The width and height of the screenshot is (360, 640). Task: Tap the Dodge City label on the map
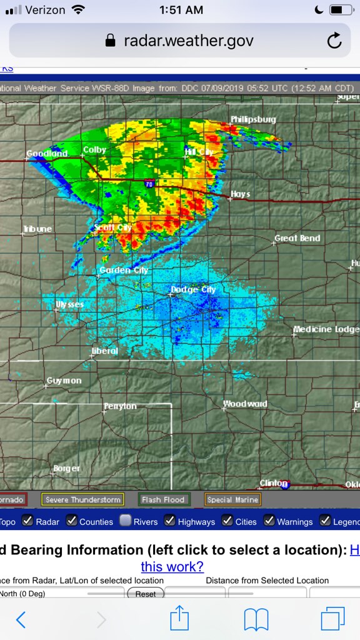click(193, 290)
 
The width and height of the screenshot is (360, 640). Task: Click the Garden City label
click(124, 270)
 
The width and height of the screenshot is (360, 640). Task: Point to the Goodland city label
click(47, 154)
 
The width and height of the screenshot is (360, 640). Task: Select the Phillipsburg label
click(253, 119)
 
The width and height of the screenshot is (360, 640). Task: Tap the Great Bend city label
click(297, 238)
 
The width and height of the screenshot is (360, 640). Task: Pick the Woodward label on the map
click(245, 404)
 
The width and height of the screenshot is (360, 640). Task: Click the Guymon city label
click(64, 381)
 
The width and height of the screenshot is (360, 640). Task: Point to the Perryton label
click(120, 406)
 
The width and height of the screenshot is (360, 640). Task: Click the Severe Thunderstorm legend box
click(82, 499)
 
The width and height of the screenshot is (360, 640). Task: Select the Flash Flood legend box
click(163, 499)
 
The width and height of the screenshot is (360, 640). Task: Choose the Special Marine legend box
click(232, 499)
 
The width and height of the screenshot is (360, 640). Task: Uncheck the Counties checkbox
click(72, 521)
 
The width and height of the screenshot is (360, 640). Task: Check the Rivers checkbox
click(126, 521)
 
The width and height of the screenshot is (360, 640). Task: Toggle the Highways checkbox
click(169, 521)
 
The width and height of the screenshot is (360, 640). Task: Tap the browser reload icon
click(334, 41)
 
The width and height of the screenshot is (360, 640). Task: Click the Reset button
click(146, 594)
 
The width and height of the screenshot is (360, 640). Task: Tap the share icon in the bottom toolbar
click(179, 619)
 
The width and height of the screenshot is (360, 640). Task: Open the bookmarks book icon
click(256, 619)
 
